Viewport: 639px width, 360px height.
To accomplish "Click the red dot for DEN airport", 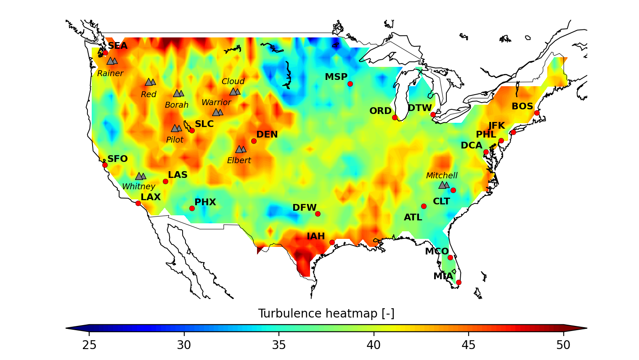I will click(254, 141).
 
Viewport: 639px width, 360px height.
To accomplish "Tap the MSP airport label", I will click(336, 77).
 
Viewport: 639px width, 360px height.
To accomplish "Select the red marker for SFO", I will click(105, 165).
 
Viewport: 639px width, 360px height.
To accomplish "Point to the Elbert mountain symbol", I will click(241, 149).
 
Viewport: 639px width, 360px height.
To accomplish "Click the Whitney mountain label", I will click(138, 186).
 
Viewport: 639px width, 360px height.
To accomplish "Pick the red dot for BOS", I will click(537, 113).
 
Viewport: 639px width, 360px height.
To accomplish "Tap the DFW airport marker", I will click(318, 214).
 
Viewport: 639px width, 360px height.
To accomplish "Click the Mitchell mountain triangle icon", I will click(443, 185).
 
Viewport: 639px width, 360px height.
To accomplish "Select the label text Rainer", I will click(110, 74).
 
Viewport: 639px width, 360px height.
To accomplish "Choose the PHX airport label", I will click(205, 202).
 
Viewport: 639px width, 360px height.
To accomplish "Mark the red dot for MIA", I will click(459, 282).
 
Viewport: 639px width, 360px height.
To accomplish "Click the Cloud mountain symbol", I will click(235, 92).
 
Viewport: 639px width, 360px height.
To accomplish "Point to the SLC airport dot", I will click(192, 130).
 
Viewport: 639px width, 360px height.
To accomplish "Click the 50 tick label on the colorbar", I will click(563, 345).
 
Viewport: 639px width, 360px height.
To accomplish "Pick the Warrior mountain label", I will click(216, 103).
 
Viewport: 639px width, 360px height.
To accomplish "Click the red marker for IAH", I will click(332, 242).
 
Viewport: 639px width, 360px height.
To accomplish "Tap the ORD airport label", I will click(380, 111).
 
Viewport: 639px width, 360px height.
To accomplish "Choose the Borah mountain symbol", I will click(178, 93).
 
